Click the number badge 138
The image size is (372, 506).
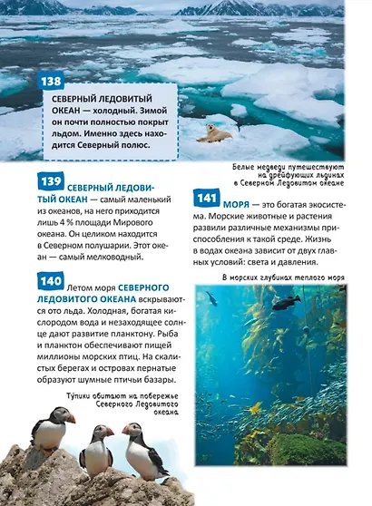point(52,82)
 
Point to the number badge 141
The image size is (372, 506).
point(208,197)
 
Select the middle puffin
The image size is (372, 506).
point(96,446)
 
